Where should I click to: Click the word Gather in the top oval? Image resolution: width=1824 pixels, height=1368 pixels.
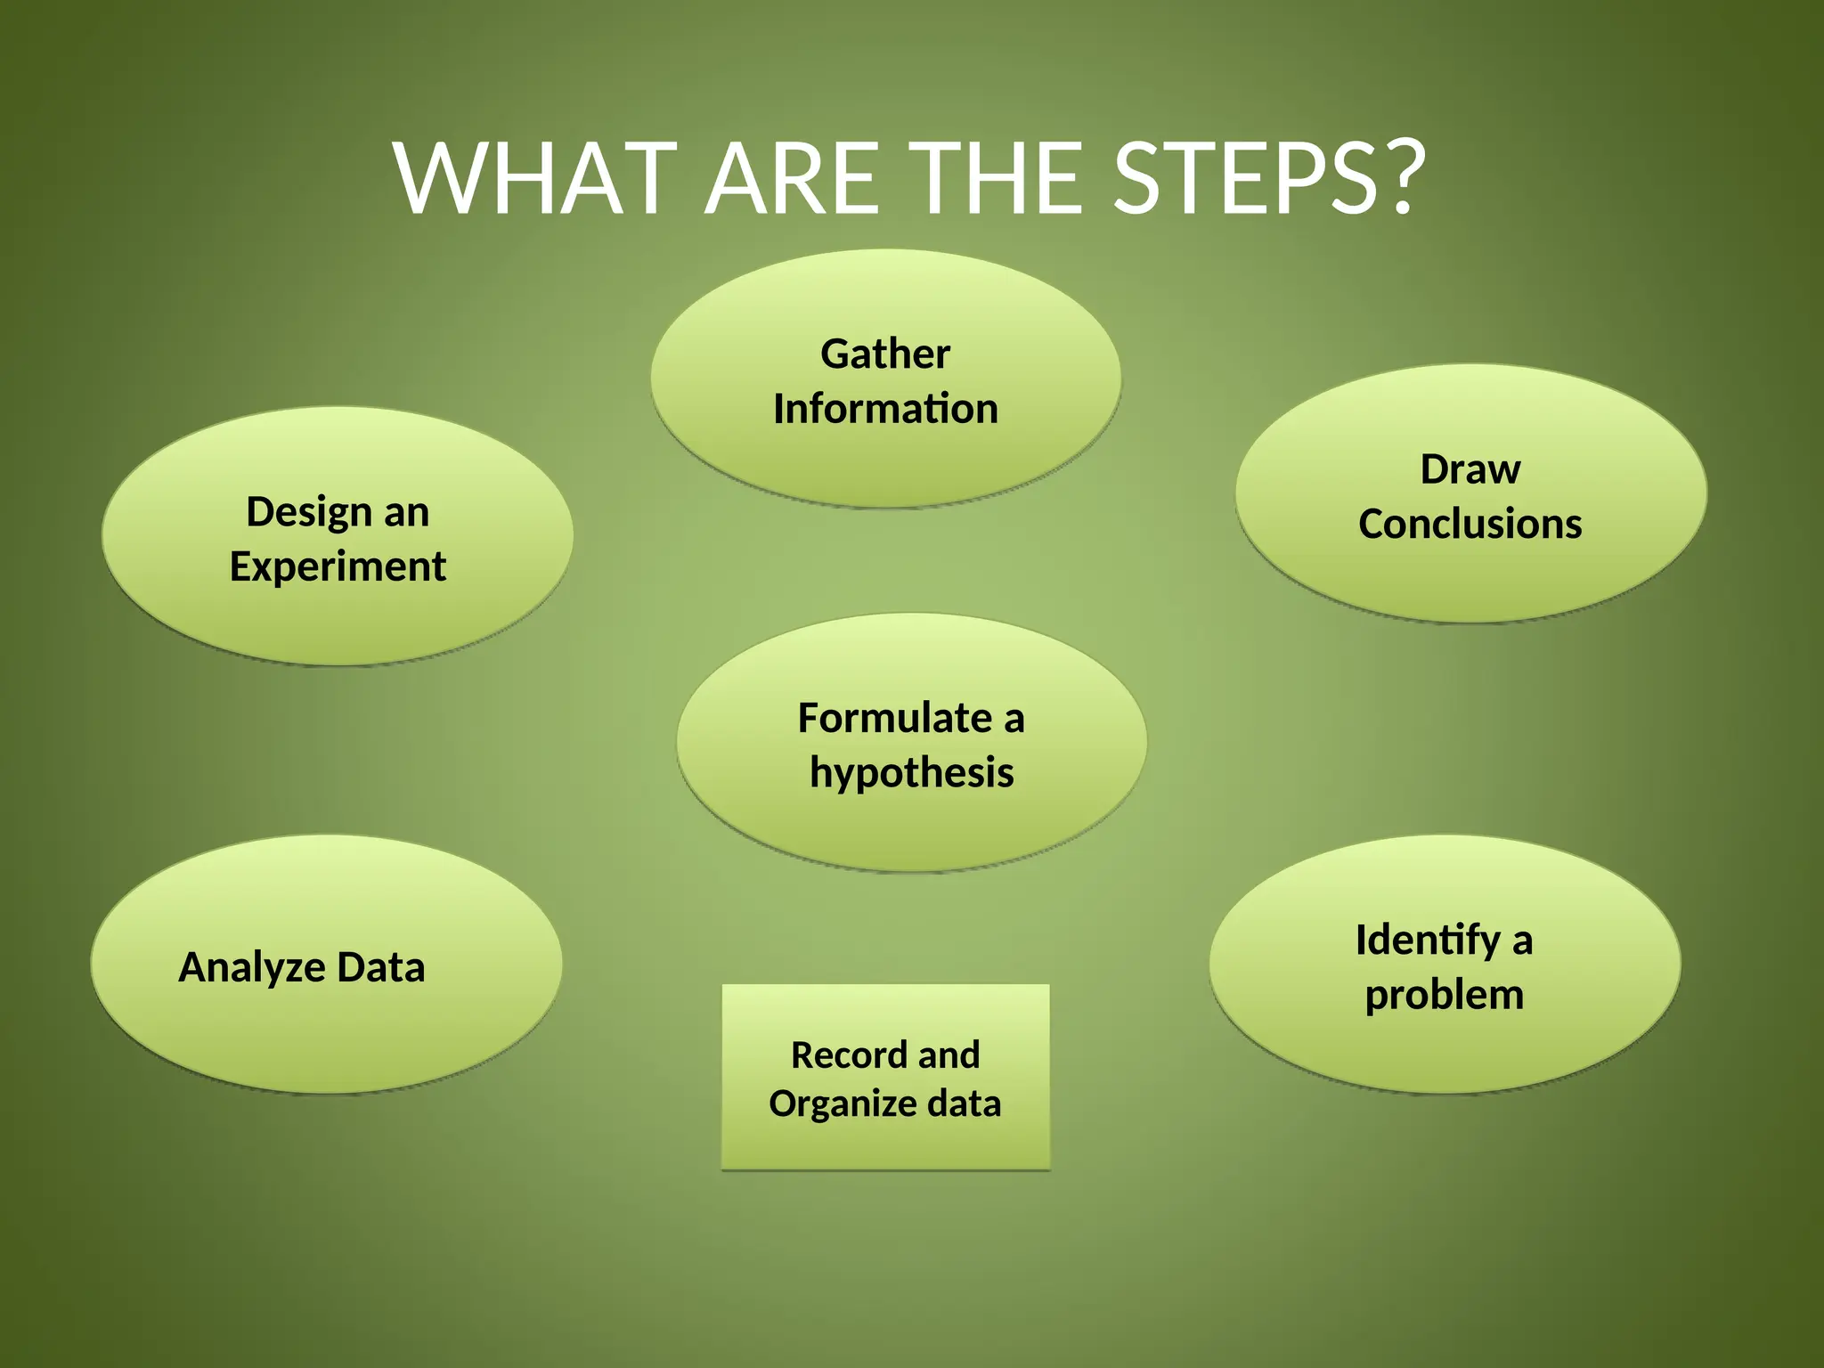click(x=885, y=354)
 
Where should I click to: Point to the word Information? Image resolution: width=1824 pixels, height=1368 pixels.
click(x=885, y=409)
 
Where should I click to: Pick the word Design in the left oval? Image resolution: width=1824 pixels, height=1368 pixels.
click(x=308, y=513)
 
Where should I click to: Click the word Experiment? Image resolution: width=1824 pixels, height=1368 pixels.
click(x=338, y=567)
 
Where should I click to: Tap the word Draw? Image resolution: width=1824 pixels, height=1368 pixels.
click(x=1470, y=469)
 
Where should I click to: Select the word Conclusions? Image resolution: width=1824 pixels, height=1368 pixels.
click(x=1470, y=524)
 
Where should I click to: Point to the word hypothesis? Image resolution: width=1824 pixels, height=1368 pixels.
click(x=911, y=772)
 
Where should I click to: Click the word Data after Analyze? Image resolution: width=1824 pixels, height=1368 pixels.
click(x=381, y=967)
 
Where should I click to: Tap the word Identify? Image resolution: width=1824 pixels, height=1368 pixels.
click(x=1428, y=941)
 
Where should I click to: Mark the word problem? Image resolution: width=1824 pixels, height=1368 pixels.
click(x=1444, y=996)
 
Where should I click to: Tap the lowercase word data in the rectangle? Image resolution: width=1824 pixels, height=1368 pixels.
click(x=965, y=1103)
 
